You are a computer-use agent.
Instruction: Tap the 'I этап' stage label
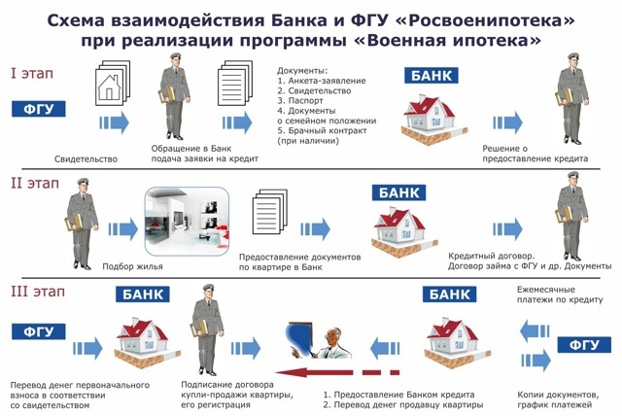tap(31, 74)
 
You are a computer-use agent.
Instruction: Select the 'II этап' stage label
tap(33, 181)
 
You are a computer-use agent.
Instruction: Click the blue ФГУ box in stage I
tap(36, 108)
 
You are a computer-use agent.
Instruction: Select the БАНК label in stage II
tap(398, 191)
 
